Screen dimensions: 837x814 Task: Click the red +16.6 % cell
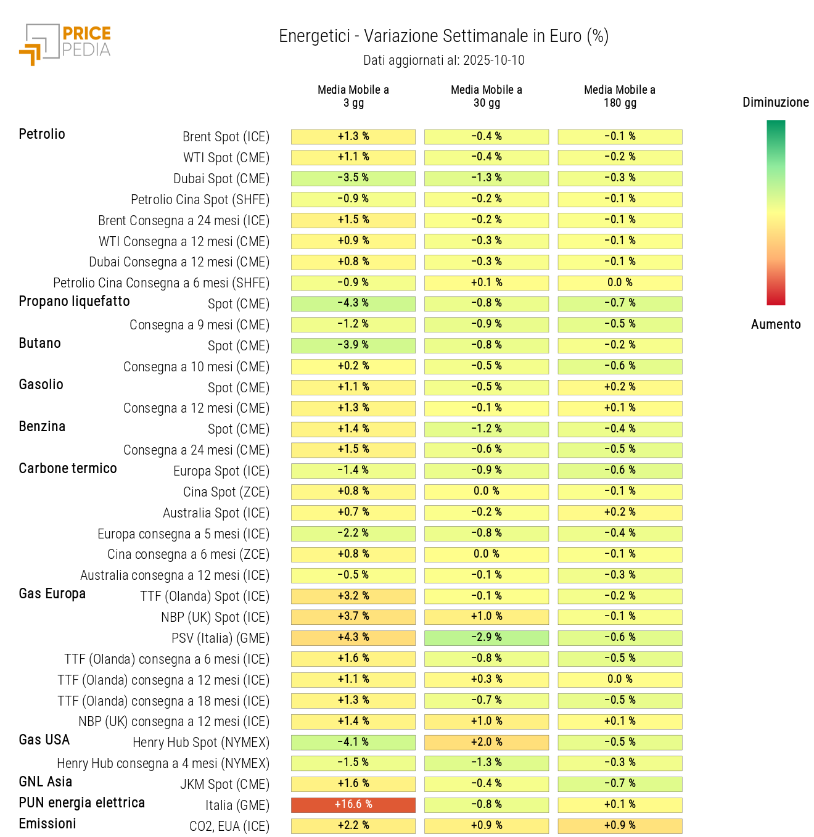[353, 804]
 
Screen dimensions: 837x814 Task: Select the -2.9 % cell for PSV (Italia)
[487, 637]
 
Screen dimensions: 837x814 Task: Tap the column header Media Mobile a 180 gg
[620, 96]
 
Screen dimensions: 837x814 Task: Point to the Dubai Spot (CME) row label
[221, 178]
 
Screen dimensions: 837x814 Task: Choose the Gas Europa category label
[52, 593]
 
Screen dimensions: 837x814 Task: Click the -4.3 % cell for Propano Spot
[353, 303]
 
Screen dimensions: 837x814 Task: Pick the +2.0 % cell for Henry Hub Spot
[487, 742]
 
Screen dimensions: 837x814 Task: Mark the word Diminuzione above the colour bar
[775, 102]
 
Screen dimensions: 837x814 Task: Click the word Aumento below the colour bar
[775, 324]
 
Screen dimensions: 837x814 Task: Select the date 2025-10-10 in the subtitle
[493, 60]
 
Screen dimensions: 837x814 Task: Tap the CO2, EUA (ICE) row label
[229, 826]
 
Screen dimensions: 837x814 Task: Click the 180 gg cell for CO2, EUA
[620, 825]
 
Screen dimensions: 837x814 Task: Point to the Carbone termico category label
[68, 468]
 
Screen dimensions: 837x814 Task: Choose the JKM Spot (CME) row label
[224, 784]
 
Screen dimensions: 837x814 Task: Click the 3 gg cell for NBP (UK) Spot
[353, 616]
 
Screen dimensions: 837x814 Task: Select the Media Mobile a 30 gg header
[487, 96]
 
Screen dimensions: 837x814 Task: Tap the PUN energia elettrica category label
[82, 802]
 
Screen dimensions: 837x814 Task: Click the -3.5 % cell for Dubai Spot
[353, 178]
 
